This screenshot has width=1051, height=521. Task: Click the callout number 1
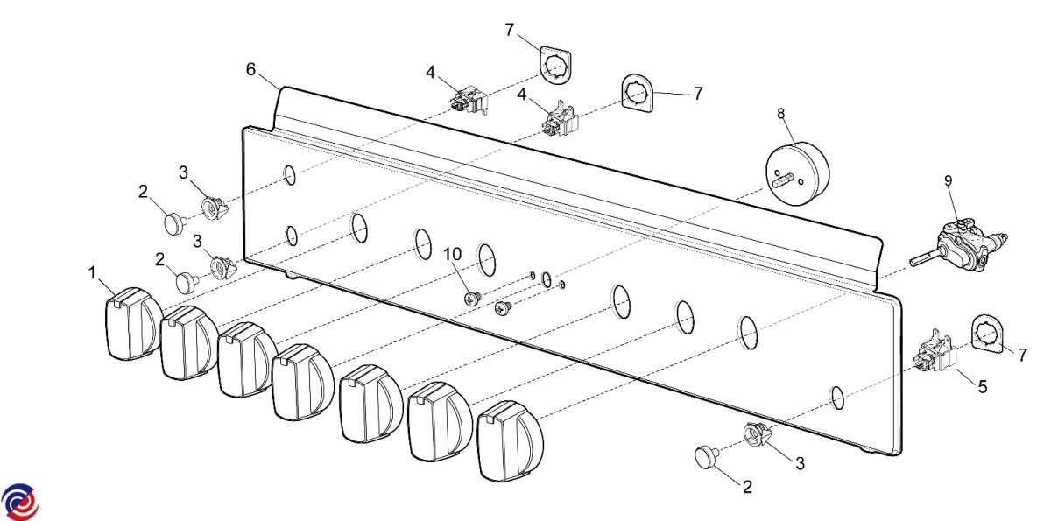(93, 273)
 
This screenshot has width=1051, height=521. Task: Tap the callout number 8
(781, 113)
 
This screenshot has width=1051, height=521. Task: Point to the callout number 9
(948, 180)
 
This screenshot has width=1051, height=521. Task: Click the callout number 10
(452, 254)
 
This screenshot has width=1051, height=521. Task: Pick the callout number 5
(982, 384)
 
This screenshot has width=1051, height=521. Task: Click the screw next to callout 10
(473, 298)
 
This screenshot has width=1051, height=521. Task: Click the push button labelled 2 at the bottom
(707, 455)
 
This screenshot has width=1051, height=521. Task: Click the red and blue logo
(19, 501)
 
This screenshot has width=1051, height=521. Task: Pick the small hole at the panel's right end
(837, 398)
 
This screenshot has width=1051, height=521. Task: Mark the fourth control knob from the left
(302, 382)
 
